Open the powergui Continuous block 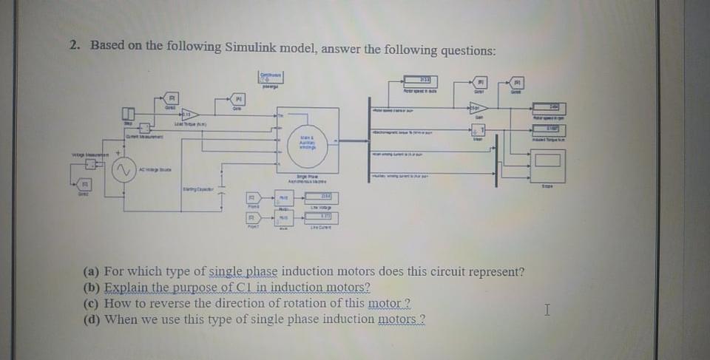click(272, 76)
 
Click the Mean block click(478, 131)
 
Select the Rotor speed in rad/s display click(418, 81)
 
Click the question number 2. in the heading click(75, 45)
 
